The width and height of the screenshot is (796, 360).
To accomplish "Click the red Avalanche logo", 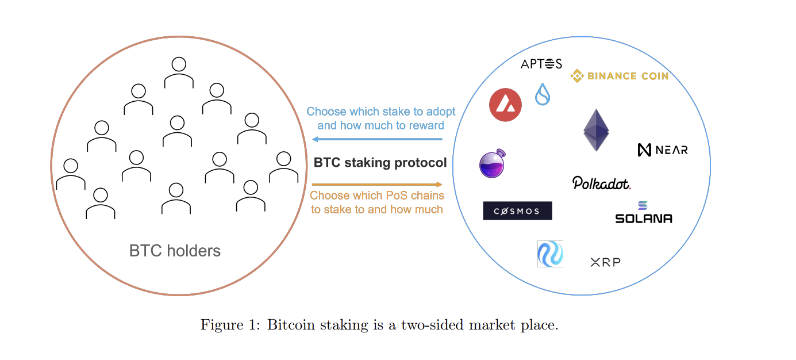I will tap(505, 105).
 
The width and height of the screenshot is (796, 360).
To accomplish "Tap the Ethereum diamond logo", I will tap(596, 131).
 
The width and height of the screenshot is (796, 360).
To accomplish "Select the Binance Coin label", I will tap(619, 76).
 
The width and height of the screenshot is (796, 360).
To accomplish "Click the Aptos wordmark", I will tap(541, 64).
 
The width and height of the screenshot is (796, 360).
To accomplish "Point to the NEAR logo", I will tap(663, 150).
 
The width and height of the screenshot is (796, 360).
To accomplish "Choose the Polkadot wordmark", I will tap(602, 183).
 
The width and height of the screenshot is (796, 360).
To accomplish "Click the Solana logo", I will tap(643, 213).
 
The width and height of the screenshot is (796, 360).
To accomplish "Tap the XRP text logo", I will tap(605, 263).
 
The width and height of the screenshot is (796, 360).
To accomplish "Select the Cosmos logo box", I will tap(517, 211).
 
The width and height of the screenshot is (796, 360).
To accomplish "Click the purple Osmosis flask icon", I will tap(492, 163).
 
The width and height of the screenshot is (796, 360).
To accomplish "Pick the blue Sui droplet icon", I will tap(543, 94).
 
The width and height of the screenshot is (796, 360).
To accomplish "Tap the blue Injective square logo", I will tap(550, 254).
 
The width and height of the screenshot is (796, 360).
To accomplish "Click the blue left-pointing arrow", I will tap(377, 139).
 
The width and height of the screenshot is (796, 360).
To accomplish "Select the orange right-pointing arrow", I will tap(377, 185).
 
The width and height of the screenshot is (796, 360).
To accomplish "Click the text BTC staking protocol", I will tap(380, 163).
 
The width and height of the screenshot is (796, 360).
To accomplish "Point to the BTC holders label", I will tap(175, 251).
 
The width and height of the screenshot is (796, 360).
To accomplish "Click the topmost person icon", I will tap(178, 72).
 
